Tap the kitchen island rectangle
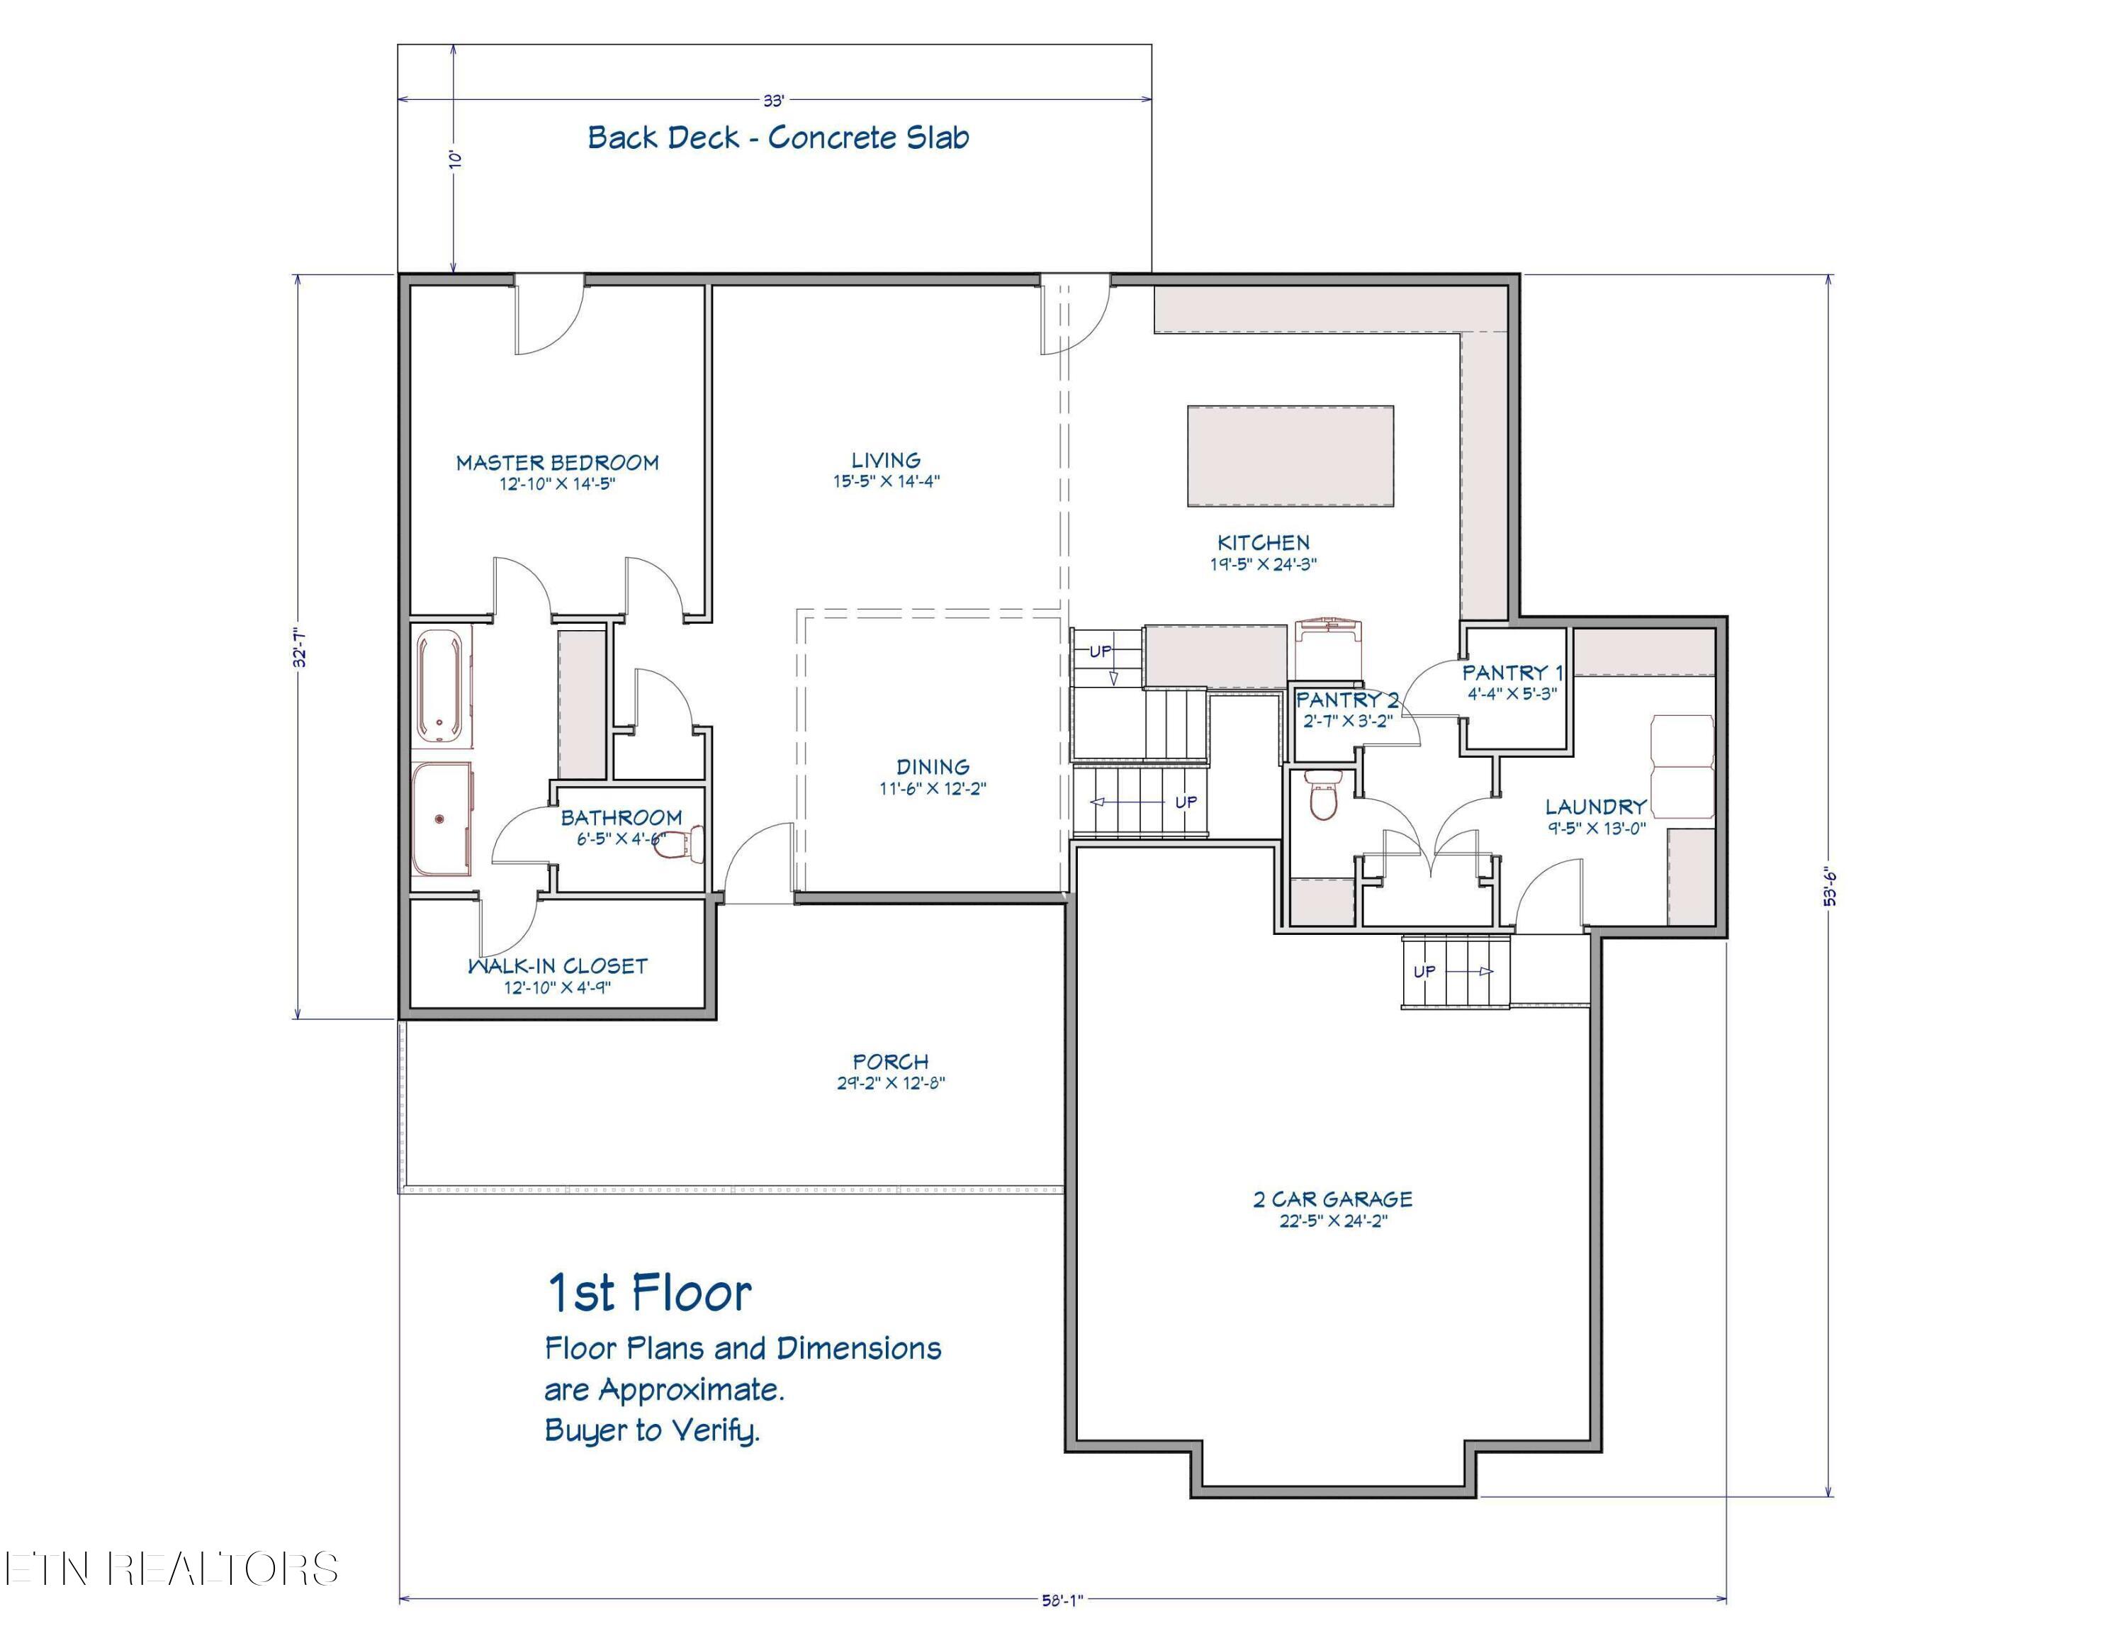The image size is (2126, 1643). [1290, 456]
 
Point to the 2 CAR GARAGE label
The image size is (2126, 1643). [1332, 1199]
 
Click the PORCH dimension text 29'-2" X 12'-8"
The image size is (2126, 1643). [891, 1082]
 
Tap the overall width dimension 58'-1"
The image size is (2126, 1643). [1063, 1600]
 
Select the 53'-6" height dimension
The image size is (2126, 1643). [1829, 886]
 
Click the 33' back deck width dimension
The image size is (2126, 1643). [774, 99]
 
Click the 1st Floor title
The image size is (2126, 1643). [649, 1293]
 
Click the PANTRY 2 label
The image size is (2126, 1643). [1347, 700]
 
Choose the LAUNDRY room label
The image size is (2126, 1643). [1597, 807]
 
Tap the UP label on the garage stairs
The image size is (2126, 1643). [1424, 971]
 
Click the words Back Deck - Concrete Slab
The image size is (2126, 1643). [779, 138]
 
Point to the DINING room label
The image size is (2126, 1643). [933, 767]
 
